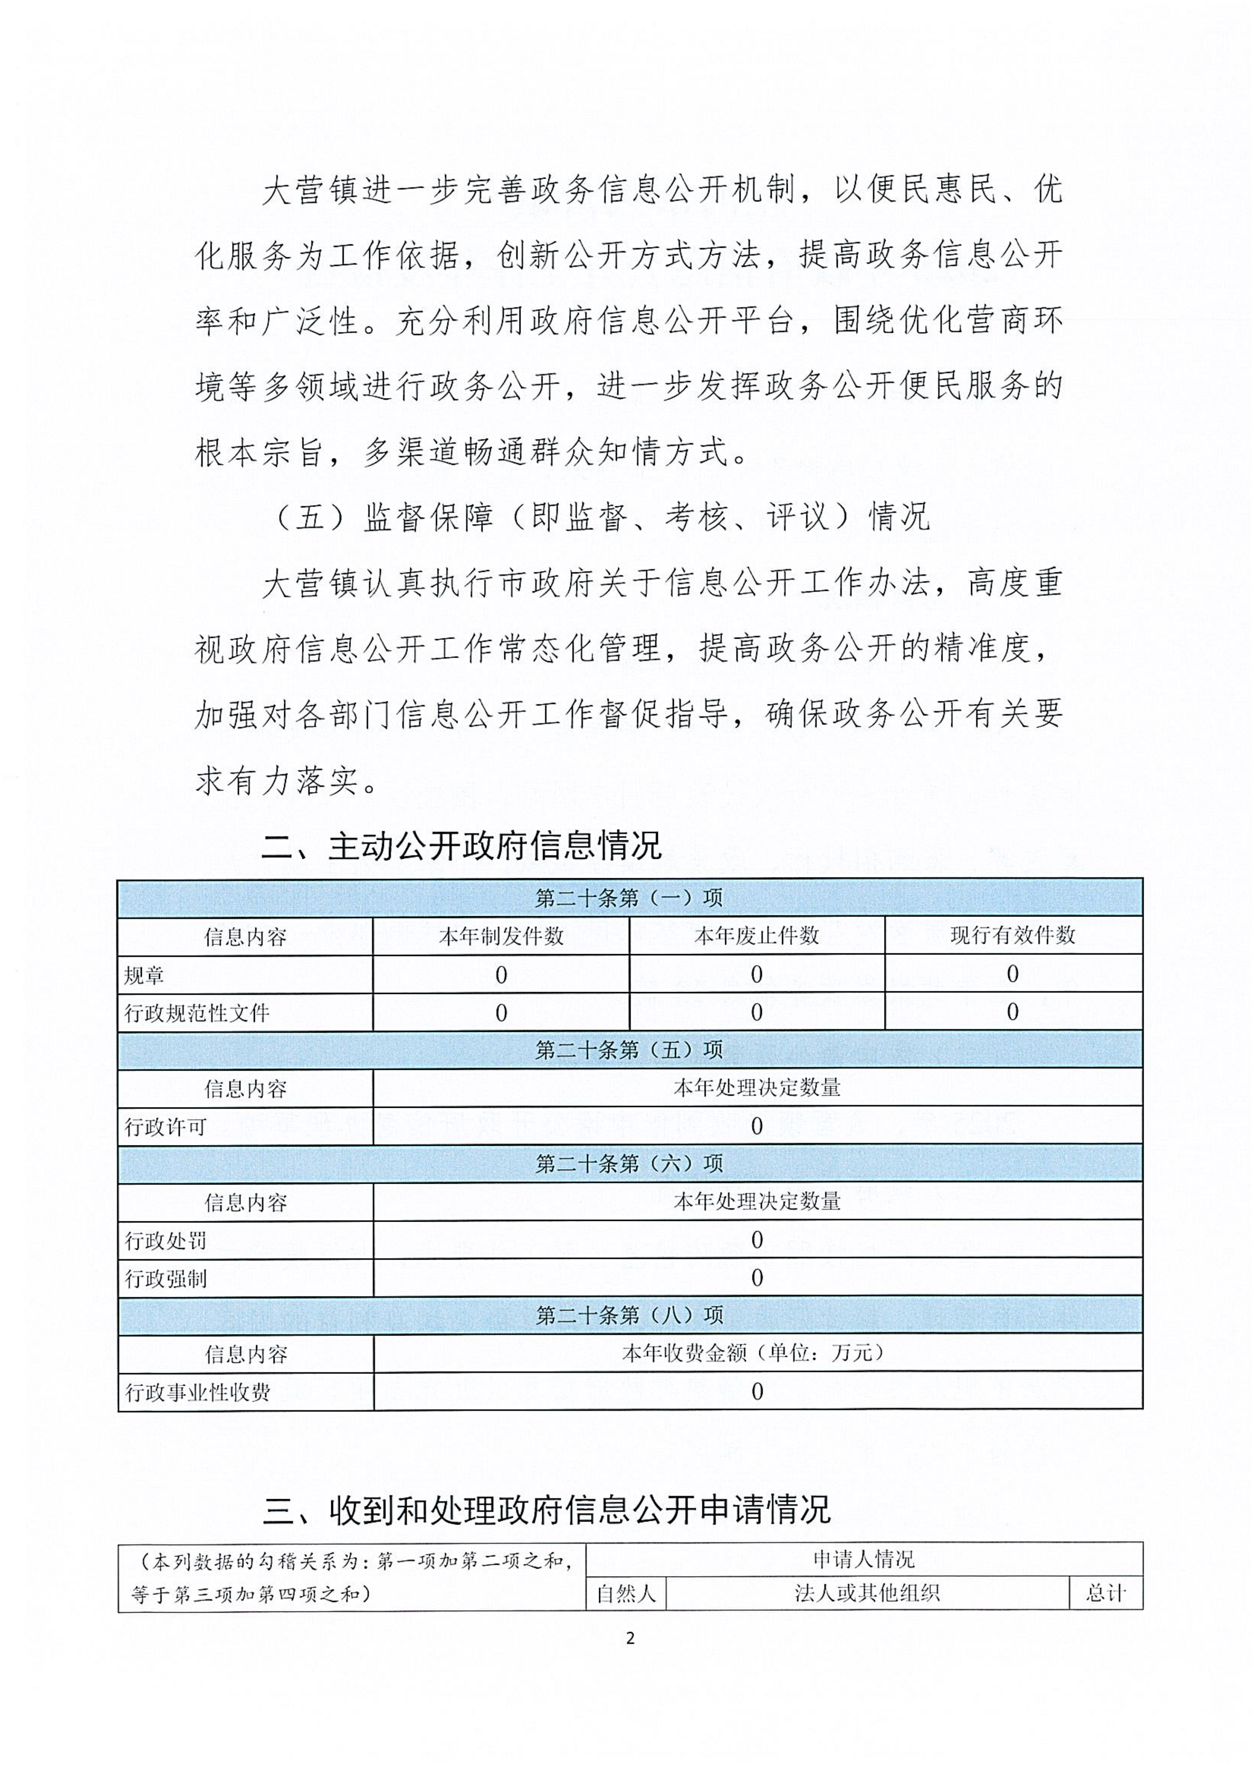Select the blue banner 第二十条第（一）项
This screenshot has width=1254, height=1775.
pos(629,898)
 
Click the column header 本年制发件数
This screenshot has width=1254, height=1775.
pos(501,936)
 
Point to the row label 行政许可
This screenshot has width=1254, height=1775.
pos(166,1126)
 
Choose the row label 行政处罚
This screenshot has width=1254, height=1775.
pos(166,1240)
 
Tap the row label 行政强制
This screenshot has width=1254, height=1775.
pos(166,1278)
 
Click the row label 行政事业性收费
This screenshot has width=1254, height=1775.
pos(198,1392)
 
